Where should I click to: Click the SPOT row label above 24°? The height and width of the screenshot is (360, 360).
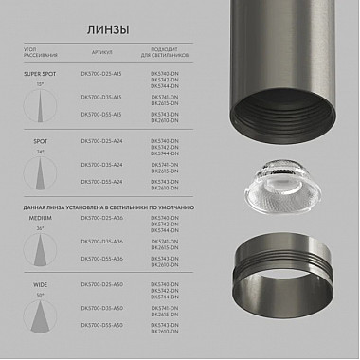(x=40, y=139)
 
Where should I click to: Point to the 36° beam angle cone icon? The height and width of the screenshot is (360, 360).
(x=40, y=249)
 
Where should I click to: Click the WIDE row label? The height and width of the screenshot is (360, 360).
(x=40, y=284)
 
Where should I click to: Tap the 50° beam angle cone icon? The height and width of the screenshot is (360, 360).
(x=40, y=315)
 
